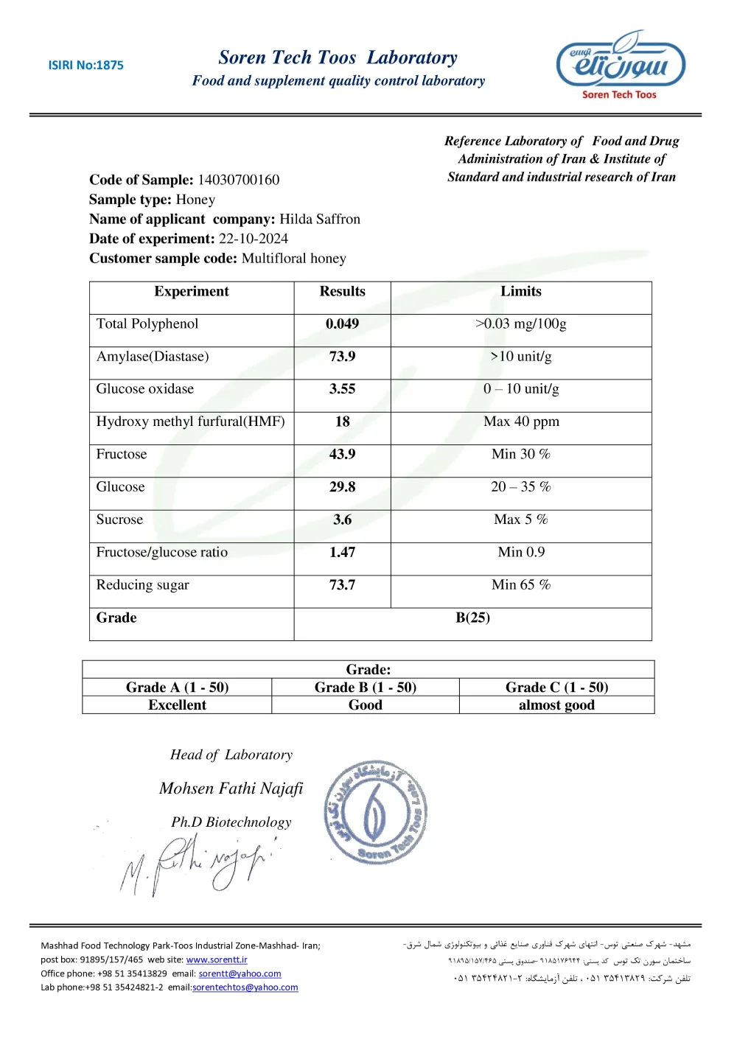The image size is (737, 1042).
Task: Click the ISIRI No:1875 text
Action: click(85, 65)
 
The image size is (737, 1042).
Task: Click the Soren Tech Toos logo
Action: click(620, 64)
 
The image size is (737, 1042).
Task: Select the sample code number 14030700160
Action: click(238, 180)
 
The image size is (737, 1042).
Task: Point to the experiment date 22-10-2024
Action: click(254, 239)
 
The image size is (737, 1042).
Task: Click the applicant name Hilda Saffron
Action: click(320, 219)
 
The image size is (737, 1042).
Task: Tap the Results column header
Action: click(342, 292)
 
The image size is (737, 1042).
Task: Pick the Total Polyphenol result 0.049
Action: click(342, 324)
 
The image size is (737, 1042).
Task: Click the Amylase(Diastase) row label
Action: click(153, 357)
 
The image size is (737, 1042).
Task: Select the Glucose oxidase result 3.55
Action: click(342, 389)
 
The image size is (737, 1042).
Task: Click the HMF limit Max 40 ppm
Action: click(521, 422)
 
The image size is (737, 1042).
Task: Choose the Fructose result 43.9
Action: click(342, 455)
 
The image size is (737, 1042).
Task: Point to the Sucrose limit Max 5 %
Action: click(521, 520)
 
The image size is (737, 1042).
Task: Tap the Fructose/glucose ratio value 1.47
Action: click(342, 553)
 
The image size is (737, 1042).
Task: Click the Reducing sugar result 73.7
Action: click(342, 585)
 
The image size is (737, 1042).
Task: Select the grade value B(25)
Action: click(472, 618)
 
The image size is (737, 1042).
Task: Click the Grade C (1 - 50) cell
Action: click(556, 688)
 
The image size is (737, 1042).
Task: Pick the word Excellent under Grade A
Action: click(177, 705)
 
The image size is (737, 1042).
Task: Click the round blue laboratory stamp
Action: click(376, 812)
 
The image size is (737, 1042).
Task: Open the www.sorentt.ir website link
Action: click(217, 960)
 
